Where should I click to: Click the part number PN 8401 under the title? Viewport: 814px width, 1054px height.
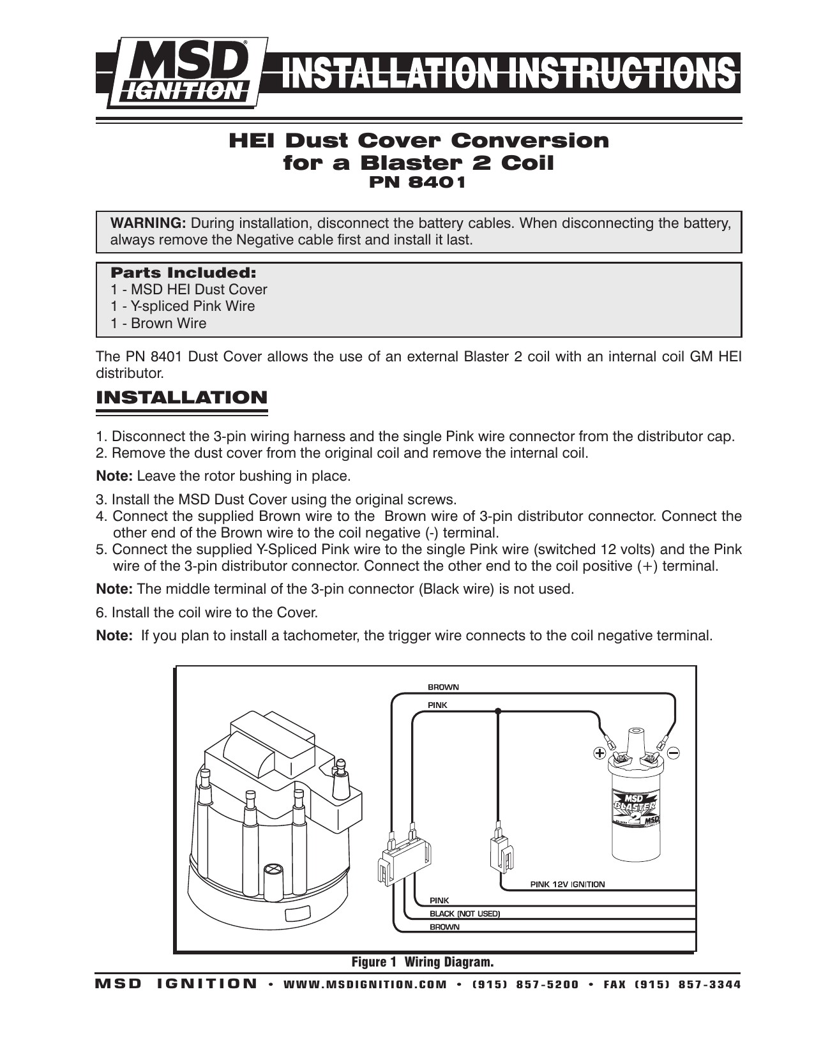click(x=418, y=183)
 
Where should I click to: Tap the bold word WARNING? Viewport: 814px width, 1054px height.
click(x=148, y=223)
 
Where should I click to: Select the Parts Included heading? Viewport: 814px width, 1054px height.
click(x=183, y=273)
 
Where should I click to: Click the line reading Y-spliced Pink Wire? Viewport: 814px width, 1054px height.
click(x=183, y=306)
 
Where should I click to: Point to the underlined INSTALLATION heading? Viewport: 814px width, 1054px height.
click(x=181, y=398)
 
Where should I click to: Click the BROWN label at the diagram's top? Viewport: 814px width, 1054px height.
click(x=443, y=688)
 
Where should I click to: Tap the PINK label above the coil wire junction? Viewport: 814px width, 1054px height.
click(x=437, y=705)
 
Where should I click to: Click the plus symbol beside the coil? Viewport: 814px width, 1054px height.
click(x=599, y=753)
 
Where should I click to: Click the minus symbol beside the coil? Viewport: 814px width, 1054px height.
click(x=674, y=753)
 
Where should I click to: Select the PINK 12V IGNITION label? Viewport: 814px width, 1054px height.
click(x=567, y=884)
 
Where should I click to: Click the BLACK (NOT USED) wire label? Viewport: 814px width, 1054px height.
click(x=464, y=914)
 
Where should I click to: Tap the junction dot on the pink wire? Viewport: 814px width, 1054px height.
click(x=498, y=711)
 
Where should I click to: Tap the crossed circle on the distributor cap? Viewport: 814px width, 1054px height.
click(x=273, y=870)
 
